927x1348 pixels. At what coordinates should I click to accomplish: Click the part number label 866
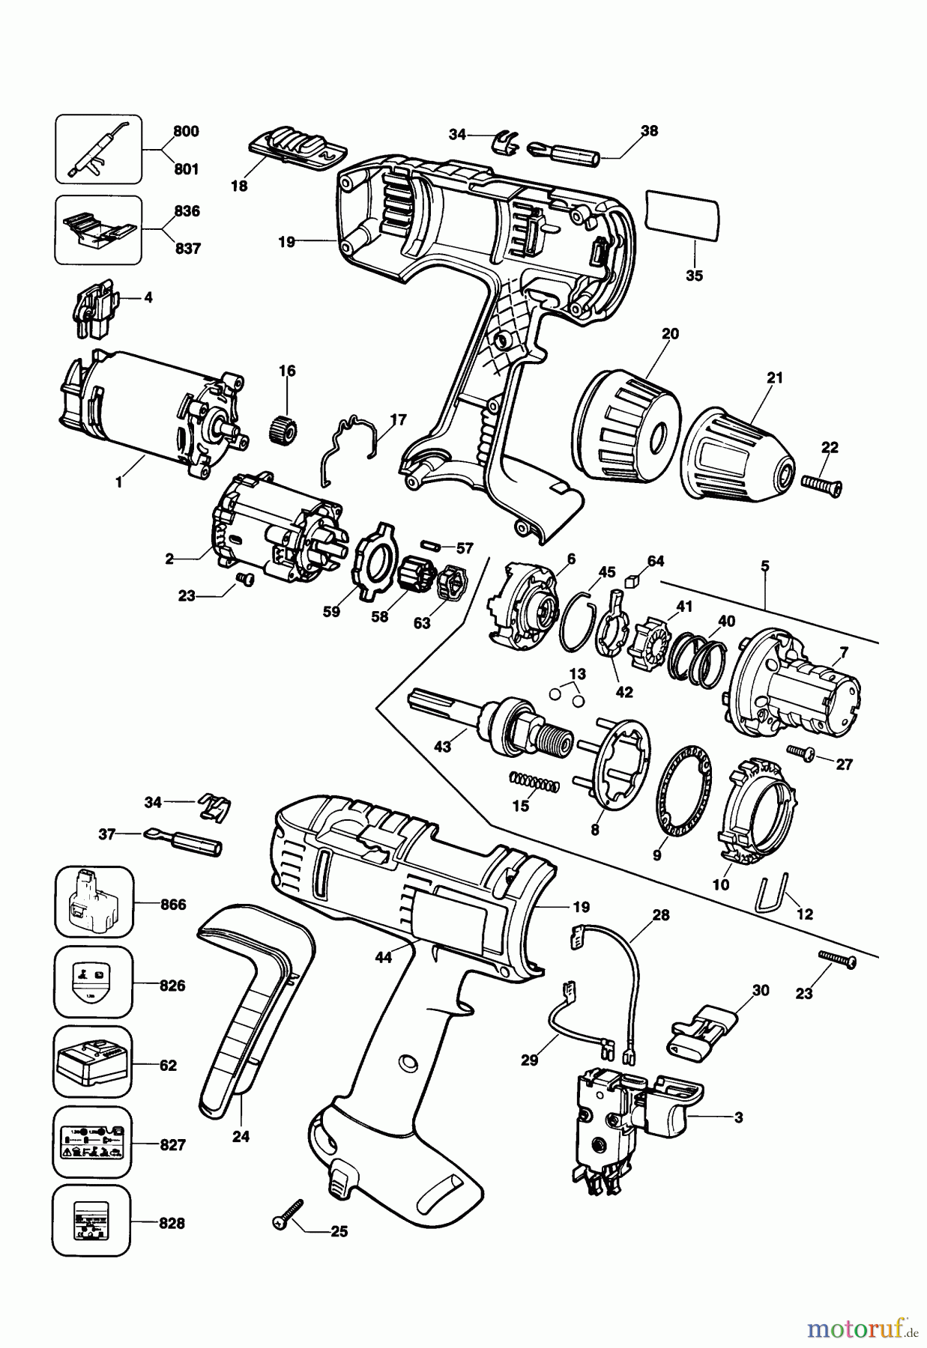click(x=172, y=904)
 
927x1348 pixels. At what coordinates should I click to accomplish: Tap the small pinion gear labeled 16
click(x=283, y=431)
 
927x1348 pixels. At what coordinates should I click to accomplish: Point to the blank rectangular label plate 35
click(x=682, y=216)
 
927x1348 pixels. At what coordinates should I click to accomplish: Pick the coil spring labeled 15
click(x=534, y=783)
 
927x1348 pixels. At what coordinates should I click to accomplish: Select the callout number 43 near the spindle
click(x=443, y=747)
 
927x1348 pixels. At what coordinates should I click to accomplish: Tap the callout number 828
click(x=172, y=1224)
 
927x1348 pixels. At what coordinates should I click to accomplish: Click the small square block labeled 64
click(x=632, y=579)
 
